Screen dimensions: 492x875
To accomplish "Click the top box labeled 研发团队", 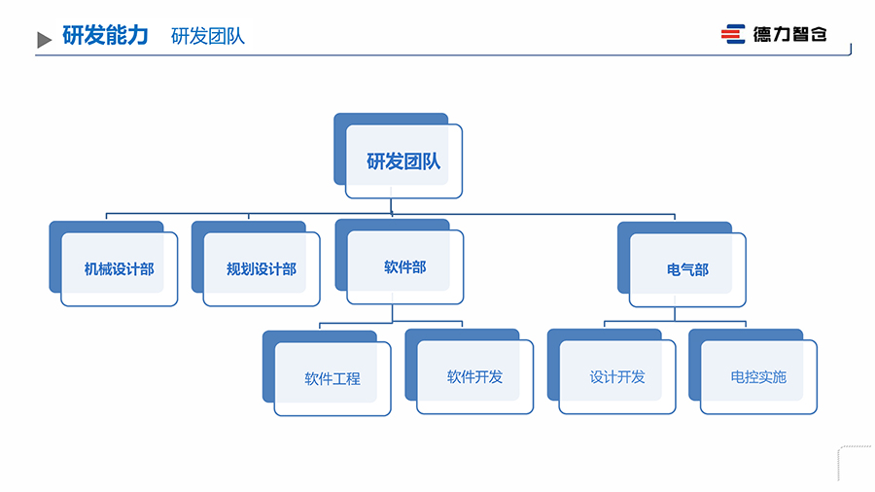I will pos(403,161).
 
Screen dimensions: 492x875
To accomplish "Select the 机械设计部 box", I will pos(119,268).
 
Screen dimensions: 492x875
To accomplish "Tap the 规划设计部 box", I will pos(262,268).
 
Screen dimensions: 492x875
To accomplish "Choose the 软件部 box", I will pos(404,266).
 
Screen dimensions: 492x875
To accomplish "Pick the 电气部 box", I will pos(687,269).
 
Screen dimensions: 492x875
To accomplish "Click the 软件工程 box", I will pos(332,378).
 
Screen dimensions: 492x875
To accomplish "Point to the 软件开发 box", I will pos(474,376).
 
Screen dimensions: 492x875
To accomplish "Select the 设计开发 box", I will pos(617,376).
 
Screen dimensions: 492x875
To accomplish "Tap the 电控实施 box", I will pos(758,376).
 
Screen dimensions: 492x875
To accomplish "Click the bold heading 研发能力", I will pos(105,35).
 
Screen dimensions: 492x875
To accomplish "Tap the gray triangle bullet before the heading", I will pos(44,40).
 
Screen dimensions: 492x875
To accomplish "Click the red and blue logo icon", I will pos(732,34).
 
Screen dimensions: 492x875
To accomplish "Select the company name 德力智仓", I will pos(789,34).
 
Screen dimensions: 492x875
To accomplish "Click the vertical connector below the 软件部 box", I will pos(392,313).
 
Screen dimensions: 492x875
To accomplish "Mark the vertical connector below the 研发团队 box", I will pos(392,205).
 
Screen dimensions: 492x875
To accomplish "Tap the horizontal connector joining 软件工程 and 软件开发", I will pos(391,323).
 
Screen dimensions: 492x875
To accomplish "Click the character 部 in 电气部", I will pos(701,269).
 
